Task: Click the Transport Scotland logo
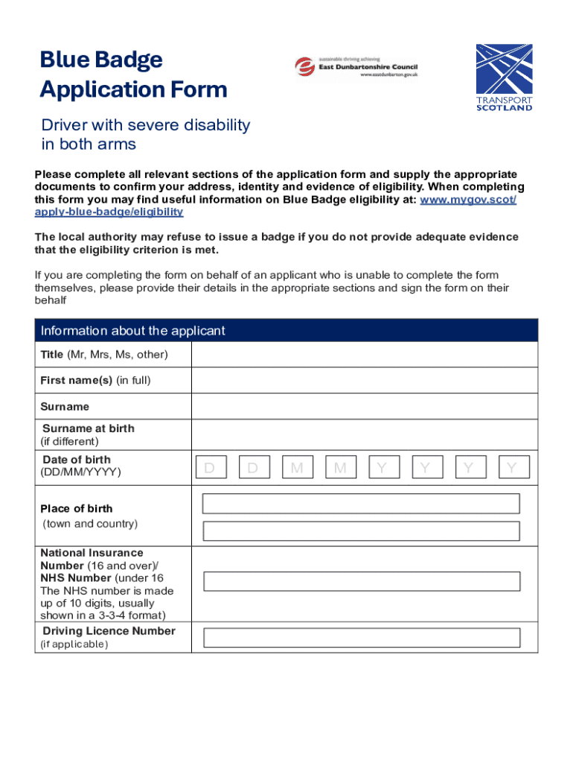504,77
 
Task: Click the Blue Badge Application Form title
133,75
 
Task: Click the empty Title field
364,355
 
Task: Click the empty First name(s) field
364,381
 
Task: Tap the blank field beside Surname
364,407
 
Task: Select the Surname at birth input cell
364,434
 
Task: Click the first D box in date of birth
210,468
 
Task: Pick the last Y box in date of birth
513,468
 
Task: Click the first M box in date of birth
297,468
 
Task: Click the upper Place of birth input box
361,504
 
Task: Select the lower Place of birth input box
361,531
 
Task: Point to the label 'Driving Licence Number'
109,631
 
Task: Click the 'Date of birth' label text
76,460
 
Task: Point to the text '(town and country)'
89,524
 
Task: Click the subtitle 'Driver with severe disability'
145,125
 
